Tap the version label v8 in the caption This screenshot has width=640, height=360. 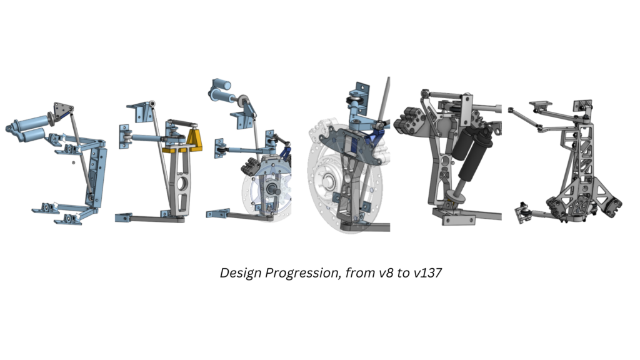click(386, 272)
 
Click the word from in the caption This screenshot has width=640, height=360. click(359, 272)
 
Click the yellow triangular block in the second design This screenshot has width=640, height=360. click(195, 139)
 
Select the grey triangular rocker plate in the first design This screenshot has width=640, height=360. click(62, 111)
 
